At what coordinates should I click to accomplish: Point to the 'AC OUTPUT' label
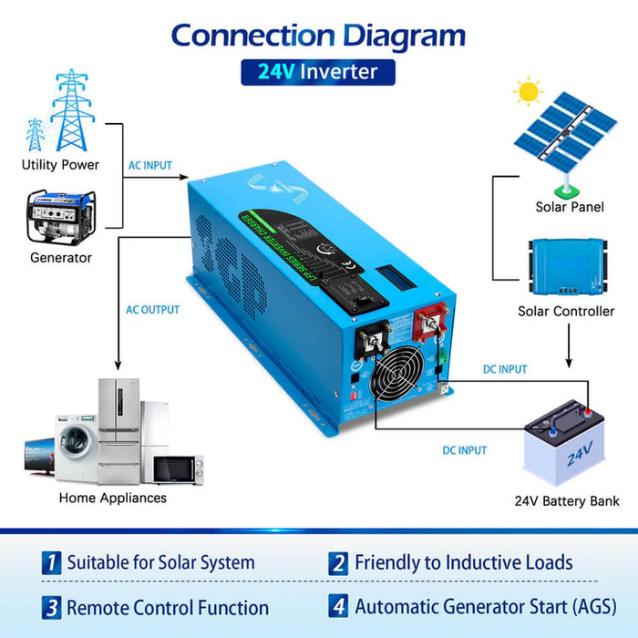point(152,310)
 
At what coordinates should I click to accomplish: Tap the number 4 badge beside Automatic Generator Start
point(339,606)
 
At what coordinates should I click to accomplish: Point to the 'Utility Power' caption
point(60,165)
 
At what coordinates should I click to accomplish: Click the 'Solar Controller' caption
point(565,311)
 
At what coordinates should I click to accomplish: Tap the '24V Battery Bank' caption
point(567,500)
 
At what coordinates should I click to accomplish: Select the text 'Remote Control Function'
point(168,607)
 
